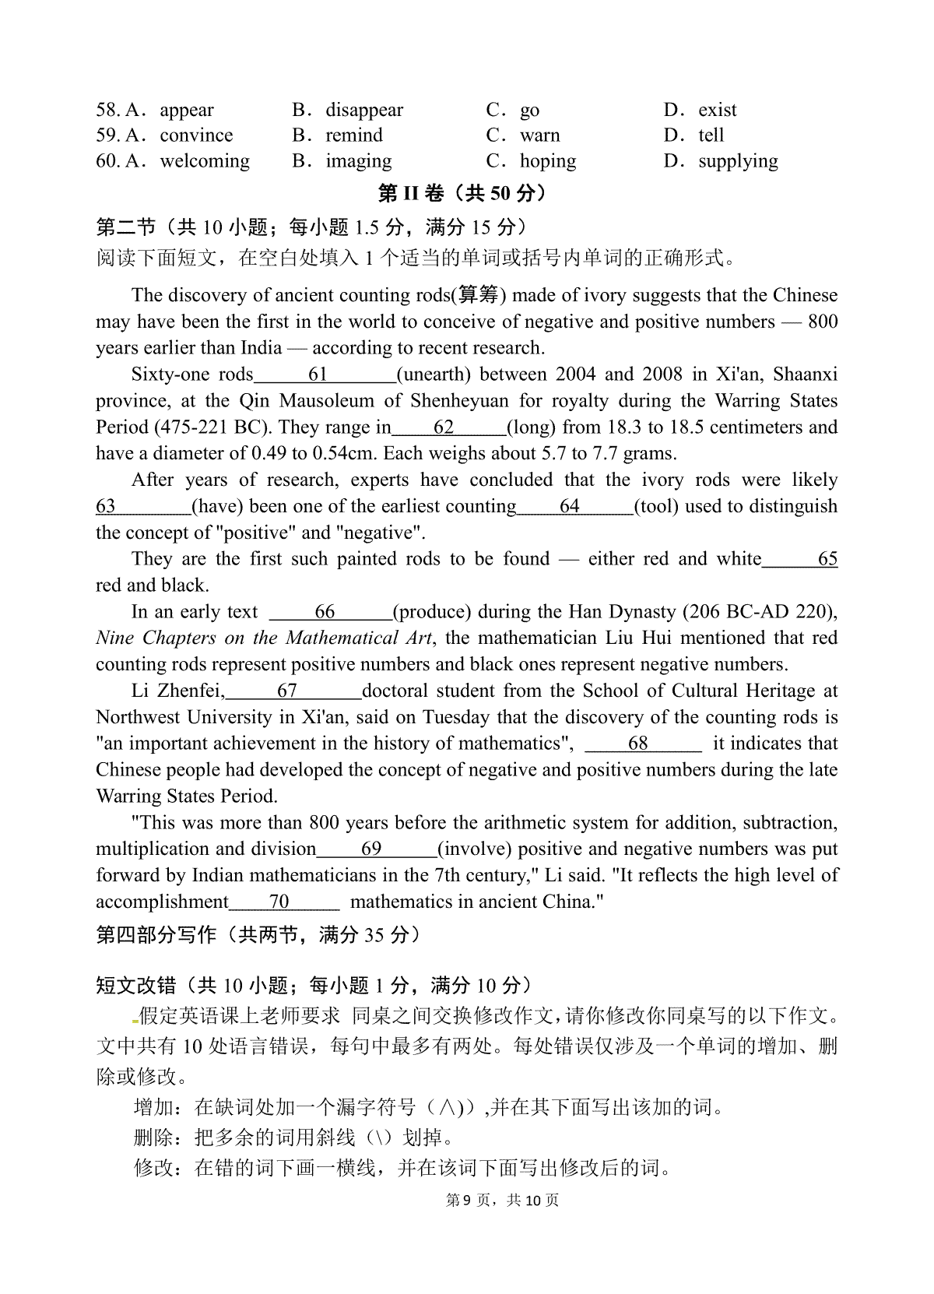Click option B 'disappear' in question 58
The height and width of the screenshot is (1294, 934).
click(x=363, y=110)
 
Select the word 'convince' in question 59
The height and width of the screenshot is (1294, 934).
click(x=196, y=135)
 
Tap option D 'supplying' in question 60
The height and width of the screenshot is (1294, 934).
click(x=737, y=161)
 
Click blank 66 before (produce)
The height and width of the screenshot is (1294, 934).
click(x=325, y=612)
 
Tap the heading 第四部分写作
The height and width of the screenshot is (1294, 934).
click(x=156, y=934)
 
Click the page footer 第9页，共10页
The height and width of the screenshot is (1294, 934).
click(x=502, y=1201)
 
